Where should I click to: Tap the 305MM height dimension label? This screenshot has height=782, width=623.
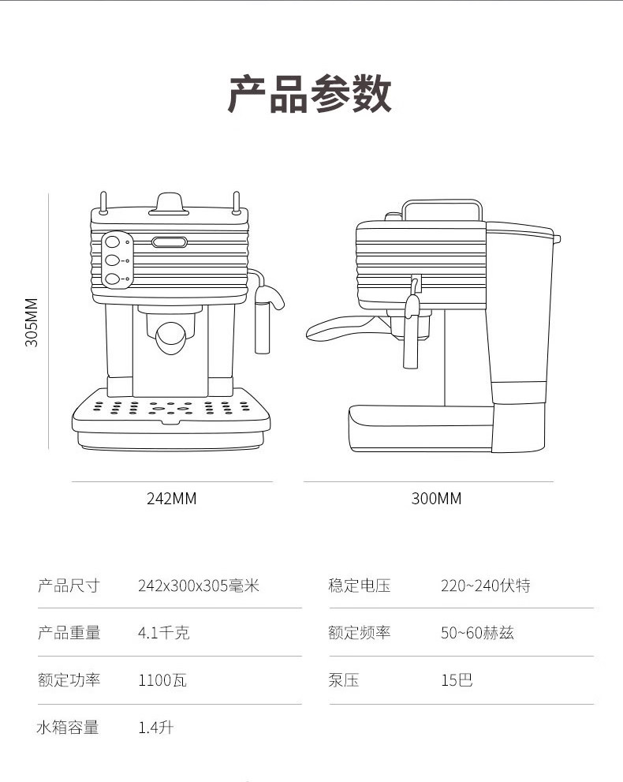click(x=32, y=322)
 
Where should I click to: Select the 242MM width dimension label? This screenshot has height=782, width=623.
click(x=171, y=499)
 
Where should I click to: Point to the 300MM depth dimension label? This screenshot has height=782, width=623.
click(x=436, y=499)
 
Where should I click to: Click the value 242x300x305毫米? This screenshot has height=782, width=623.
click(x=198, y=586)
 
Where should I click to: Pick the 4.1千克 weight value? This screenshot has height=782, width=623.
click(x=163, y=633)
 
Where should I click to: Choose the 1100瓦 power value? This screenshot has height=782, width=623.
click(x=162, y=680)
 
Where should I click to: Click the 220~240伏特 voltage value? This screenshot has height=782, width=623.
click(x=485, y=586)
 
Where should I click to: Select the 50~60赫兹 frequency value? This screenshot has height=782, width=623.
click(x=477, y=633)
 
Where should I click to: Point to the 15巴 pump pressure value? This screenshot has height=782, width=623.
click(x=457, y=680)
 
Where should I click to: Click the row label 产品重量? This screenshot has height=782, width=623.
click(x=69, y=633)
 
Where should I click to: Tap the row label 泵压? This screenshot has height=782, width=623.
click(x=344, y=680)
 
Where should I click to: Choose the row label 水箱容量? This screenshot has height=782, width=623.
click(x=68, y=728)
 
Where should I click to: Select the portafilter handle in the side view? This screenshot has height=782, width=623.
click(x=335, y=328)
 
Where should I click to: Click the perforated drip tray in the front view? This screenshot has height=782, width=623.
click(x=170, y=409)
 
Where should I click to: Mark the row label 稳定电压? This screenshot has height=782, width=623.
click(x=360, y=586)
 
